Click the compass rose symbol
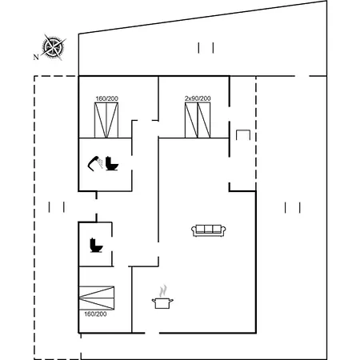pos(54,47)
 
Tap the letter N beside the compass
pos(36,57)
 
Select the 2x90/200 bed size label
pos(198,98)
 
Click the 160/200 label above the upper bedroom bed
pos(106,98)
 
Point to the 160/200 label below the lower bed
pos(95,314)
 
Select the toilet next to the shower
pos(112,163)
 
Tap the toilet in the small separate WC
pos(96,245)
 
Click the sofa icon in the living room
pos(209,230)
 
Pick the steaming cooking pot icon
pos(162,303)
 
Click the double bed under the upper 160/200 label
pos(106,120)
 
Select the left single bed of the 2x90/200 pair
pos(191,120)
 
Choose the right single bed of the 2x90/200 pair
pos(204,120)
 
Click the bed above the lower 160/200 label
pos(97,298)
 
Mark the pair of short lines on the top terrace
pos(206,48)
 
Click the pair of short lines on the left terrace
pos(57,207)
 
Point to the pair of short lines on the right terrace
pos(293,208)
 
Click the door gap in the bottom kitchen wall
pos(152,333)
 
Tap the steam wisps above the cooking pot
pos(163,291)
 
